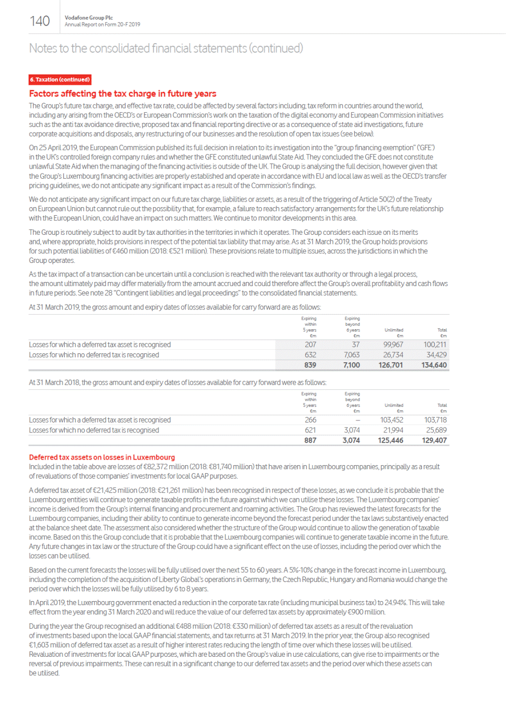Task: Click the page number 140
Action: (40, 21)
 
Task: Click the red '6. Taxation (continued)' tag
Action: (60, 80)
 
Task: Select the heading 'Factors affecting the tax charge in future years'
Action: (122, 94)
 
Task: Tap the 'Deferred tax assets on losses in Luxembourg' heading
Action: (102, 457)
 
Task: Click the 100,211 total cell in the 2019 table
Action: (435, 345)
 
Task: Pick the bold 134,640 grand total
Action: (434, 365)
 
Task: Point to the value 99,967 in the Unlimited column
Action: (393, 345)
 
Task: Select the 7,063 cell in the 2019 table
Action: (351, 355)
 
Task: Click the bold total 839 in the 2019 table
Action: (310, 365)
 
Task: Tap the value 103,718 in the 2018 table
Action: (435, 420)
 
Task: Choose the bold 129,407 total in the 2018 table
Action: (434, 441)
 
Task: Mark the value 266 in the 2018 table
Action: (310, 420)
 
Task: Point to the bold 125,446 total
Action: (391, 441)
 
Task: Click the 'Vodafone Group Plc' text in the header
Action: (88, 18)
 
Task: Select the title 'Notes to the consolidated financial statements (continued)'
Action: (166, 49)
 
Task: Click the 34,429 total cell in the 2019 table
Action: (436, 355)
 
